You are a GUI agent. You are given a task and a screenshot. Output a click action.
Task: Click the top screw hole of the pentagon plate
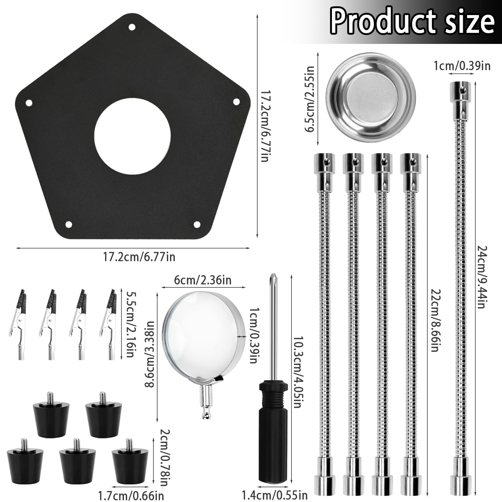pyautogui.click(x=132, y=27)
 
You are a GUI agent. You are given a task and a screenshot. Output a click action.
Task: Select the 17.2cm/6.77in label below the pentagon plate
pyautogui.click(x=139, y=257)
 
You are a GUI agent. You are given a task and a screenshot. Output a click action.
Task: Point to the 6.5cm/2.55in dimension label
pyautogui.click(x=310, y=99)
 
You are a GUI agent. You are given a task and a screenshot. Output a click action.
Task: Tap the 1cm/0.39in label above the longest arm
pyautogui.click(x=462, y=66)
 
